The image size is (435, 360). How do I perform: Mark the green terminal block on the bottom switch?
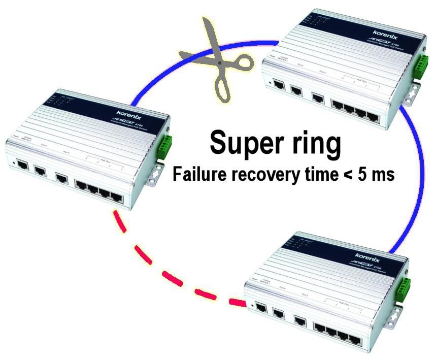pos(404,288)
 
